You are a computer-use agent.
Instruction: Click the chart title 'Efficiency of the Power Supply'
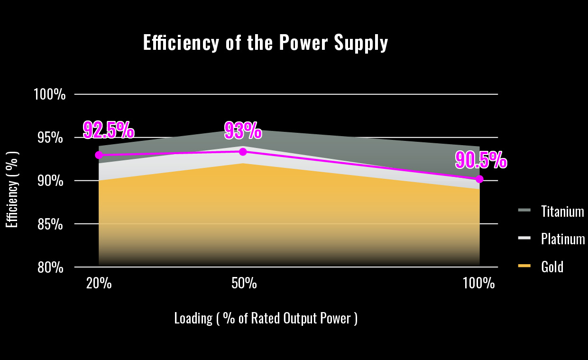point(266,43)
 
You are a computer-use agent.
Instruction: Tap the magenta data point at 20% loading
point(99,155)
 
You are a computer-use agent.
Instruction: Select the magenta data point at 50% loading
point(243,152)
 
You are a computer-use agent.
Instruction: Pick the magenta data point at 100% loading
point(479,179)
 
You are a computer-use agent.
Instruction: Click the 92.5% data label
point(109,129)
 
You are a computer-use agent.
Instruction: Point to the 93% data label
point(243,131)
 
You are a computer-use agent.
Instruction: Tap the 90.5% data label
point(481,160)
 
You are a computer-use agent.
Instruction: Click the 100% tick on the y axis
point(49,94)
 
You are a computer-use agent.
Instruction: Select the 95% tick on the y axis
point(51,138)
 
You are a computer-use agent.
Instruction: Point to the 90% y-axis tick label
point(51,181)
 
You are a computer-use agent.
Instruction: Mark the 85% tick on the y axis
point(51,224)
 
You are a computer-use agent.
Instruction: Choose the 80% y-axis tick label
point(51,268)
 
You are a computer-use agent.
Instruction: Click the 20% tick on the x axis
point(99,284)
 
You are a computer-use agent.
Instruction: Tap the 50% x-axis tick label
point(244,284)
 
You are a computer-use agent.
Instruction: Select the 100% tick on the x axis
point(479,284)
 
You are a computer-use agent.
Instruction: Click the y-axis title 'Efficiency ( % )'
point(12,190)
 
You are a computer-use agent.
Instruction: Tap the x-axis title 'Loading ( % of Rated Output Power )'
point(266,318)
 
